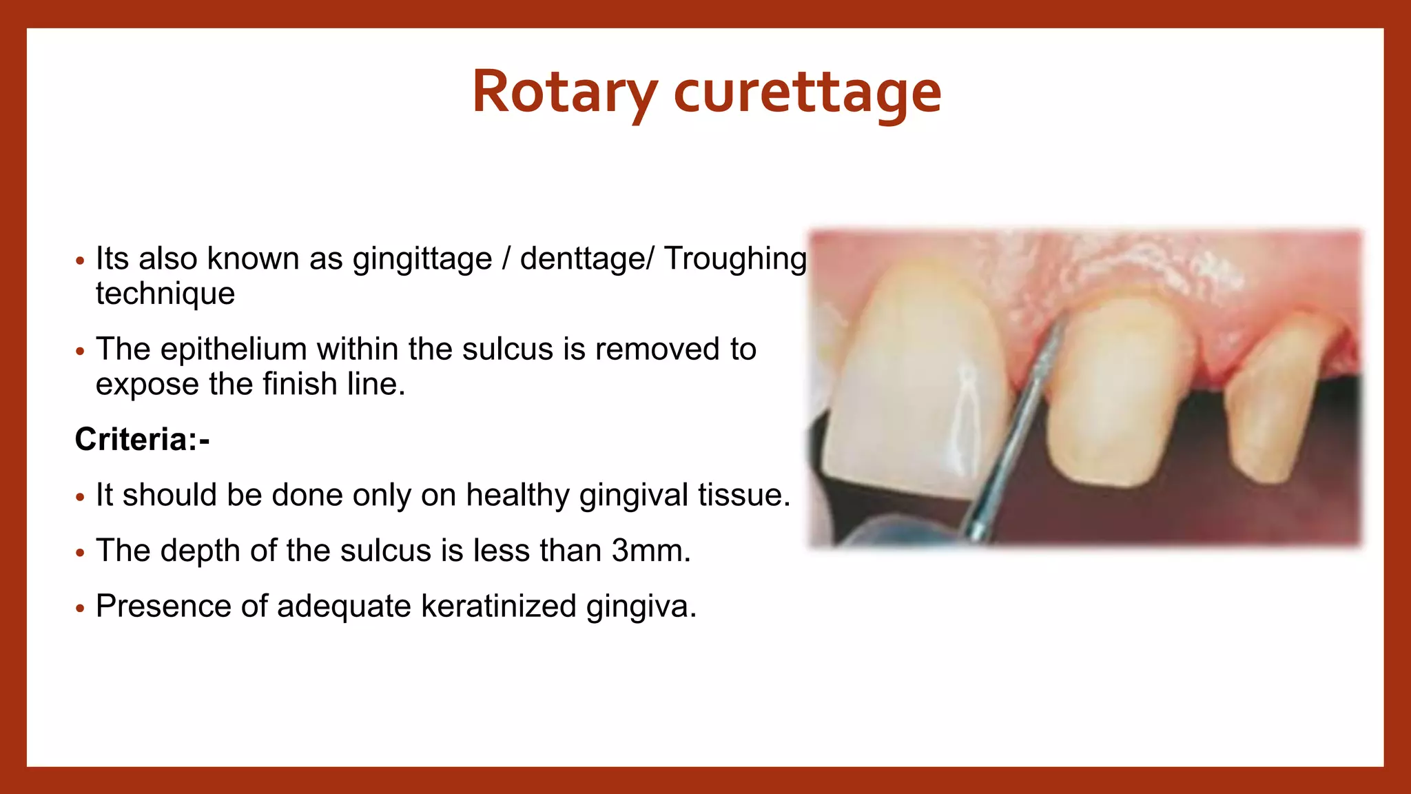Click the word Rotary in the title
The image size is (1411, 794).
coord(564,91)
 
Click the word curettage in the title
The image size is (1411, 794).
coord(807,92)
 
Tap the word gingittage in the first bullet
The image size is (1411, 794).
coord(422,259)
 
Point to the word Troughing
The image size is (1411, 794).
coord(735,259)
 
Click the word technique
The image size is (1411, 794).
coord(165,294)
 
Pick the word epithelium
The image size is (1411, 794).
coord(234,349)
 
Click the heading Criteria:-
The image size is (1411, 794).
coord(142,439)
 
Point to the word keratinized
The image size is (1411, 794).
coord(498,607)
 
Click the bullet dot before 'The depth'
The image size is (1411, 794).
coord(81,553)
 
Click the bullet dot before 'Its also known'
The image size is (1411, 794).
coord(81,261)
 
